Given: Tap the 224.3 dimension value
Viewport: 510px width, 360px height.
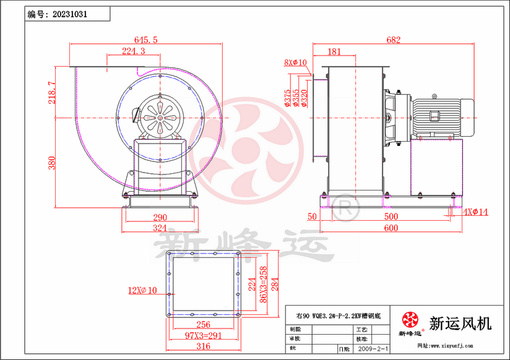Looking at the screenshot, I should coord(134,51).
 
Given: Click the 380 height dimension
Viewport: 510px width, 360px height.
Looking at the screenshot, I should coord(52,163).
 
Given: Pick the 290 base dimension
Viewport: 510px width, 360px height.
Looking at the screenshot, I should coord(160,217).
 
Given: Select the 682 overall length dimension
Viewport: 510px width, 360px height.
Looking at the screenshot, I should coord(392,40).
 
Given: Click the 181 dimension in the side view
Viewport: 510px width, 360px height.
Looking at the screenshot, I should coord(334,51).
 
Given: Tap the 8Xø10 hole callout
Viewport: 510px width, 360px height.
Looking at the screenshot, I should coord(295,62).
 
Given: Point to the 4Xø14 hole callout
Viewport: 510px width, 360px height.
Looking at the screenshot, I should coord(475,212).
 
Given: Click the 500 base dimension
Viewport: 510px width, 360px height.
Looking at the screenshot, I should coord(391,216).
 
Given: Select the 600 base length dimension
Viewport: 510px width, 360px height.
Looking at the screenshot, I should coord(390,228).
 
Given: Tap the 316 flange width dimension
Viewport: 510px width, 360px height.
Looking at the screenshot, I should coord(202,346).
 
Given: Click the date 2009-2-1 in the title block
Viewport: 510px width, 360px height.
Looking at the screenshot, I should coord(374,349).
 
